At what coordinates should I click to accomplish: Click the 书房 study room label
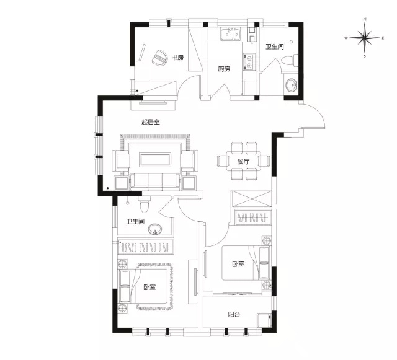[x=177, y=58]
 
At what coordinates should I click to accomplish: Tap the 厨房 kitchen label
[x=225, y=69]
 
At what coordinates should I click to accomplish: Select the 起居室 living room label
[x=150, y=122]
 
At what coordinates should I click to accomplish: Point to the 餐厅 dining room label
[x=243, y=161]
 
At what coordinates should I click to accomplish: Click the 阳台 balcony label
[x=234, y=315]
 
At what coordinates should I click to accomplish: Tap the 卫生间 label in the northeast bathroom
[x=274, y=46]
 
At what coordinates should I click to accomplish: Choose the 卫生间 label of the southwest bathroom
[x=135, y=222]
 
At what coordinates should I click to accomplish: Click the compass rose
[x=365, y=38]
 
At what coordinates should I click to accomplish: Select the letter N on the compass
[x=365, y=19]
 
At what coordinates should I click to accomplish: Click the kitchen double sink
[x=230, y=34]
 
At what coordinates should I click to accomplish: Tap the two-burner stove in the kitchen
[x=249, y=62]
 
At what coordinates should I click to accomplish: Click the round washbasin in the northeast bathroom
[x=292, y=85]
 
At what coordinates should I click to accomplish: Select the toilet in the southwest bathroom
[x=144, y=204]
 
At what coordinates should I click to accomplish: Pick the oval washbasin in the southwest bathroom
[x=154, y=229]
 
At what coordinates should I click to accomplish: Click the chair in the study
[x=160, y=58]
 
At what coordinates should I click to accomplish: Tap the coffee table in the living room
[x=155, y=160]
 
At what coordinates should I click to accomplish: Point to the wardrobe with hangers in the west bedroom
[x=146, y=246]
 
